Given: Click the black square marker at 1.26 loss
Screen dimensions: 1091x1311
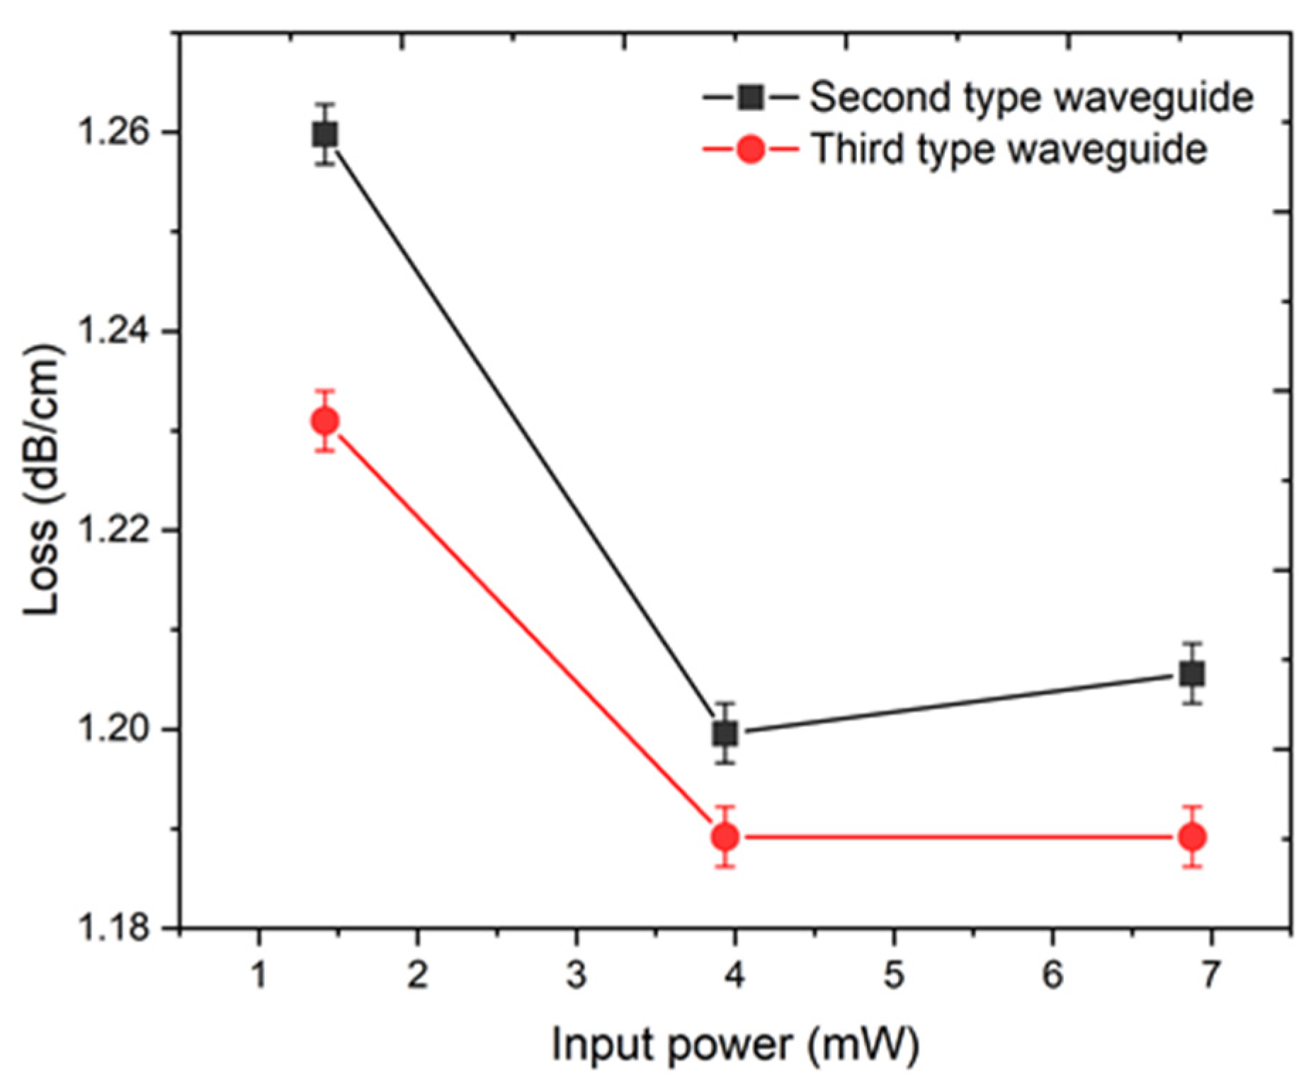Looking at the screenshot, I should point(325,134).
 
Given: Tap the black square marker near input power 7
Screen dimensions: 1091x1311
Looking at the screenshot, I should point(1193,673).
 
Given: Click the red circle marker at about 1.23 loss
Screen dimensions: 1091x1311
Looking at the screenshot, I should point(325,421).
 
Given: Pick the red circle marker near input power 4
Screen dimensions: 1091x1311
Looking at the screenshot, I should point(725,837).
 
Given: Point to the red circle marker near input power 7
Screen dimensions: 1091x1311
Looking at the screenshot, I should point(1193,837).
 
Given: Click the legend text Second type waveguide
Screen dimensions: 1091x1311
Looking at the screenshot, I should point(1031,97).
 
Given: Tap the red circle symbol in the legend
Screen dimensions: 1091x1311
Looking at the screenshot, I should point(750,149).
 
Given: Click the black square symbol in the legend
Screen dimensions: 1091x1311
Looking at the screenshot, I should point(750,97).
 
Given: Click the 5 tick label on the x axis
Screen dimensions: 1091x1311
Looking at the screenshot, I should point(893,975).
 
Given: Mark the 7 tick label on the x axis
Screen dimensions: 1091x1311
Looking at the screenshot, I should point(1210,975).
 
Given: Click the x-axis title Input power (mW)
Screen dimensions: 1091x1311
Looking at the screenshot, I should point(734,1045).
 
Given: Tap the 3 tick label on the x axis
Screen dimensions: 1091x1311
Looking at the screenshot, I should point(576,975).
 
